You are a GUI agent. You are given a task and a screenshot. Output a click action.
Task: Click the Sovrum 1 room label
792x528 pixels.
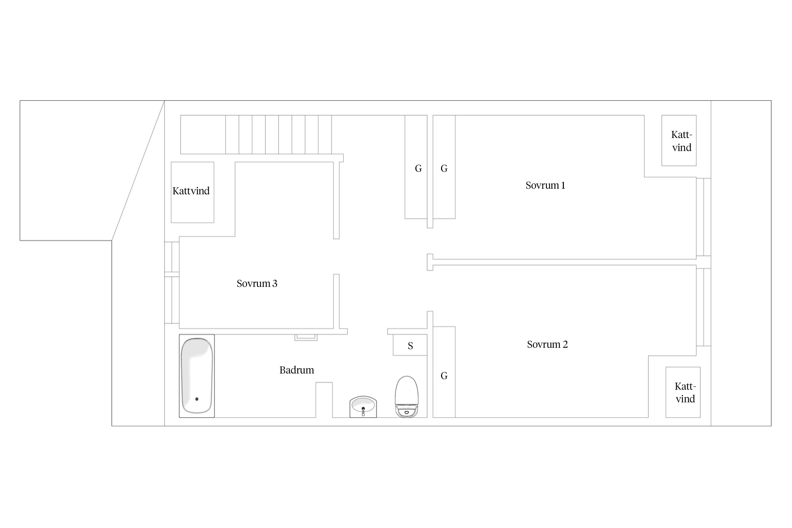pyautogui.click(x=545, y=186)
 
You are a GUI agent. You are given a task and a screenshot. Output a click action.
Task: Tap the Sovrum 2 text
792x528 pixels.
pyautogui.click(x=547, y=345)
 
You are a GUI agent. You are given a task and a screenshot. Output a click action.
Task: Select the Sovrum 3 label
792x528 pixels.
pyautogui.click(x=257, y=284)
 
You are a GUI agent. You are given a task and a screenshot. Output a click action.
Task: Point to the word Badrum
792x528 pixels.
pyautogui.click(x=297, y=370)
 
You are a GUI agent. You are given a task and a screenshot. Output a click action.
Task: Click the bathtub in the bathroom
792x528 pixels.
pyautogui.click(x=197, y=376)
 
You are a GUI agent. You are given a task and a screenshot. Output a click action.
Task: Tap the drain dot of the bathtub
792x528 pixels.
pyautogui.click(x=197, y=399)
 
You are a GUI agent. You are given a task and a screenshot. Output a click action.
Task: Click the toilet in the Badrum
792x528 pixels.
pyautogui.click(x=407, y=397)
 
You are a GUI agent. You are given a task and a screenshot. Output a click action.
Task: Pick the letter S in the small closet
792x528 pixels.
pyautogui.click(x=410, y=346)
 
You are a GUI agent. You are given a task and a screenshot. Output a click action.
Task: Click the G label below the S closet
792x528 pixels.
pyautogui.click(x=444, y=376)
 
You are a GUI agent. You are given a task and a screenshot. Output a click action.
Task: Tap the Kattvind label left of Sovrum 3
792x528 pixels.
pyautogui.click(x=191, y=191)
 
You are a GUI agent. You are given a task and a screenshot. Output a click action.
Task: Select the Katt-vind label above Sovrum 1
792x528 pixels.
pyautogui.click(x=682, y=141)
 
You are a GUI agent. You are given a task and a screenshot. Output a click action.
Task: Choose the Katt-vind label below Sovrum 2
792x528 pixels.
pyautogui.click(x=685, y=392)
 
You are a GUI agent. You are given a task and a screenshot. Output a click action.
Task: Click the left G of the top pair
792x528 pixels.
pyautogui.click(x=418, y=169)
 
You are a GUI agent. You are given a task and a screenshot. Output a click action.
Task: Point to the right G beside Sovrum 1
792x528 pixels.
pyautogui.click(x=444, y=169)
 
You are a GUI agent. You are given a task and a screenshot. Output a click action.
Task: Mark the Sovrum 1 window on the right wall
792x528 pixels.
pyautogui.click(x=704, y=217)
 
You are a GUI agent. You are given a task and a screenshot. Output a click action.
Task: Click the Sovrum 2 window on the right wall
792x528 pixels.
pyautogui.click(x=704, y=307)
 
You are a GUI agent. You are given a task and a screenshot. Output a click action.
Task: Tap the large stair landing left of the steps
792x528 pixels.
pyautogui.click(x=203, y=134)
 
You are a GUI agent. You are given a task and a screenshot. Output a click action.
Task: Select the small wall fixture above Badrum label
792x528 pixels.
pyautogui.click(x=306, y=338)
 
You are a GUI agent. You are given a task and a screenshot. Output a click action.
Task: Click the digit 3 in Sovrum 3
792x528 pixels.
pyautogui.click(x=275, y=284)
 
